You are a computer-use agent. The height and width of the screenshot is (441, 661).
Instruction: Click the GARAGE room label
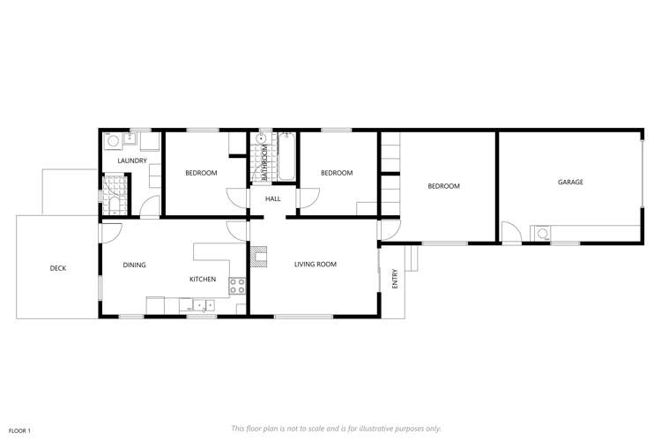570,183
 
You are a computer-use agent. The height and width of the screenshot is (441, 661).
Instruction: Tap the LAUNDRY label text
132,161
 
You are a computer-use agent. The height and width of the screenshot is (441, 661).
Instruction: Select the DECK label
58,268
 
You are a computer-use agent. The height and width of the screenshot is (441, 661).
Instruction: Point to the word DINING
134,265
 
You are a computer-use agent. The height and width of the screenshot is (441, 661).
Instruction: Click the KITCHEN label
203,280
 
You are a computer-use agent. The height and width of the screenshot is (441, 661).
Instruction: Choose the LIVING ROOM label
315,265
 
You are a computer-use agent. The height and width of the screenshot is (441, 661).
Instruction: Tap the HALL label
273,199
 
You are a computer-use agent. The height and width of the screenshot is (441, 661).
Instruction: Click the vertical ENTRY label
396,279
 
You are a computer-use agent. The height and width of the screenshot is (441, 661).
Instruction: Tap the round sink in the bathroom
262,139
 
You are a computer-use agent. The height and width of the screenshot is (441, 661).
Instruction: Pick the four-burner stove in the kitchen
237,286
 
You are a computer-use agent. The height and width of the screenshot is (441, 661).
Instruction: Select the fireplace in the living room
258,258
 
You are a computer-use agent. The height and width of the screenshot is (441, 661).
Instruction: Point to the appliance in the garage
543,235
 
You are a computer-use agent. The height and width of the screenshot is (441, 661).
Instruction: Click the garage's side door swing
510,233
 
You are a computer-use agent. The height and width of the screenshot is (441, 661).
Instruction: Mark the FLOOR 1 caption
19,430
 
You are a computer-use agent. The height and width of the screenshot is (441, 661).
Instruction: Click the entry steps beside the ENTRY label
411,258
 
